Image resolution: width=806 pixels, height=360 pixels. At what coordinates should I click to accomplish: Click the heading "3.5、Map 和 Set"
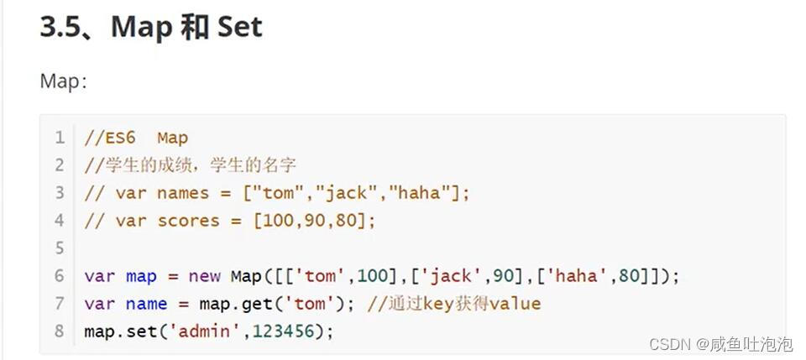coord(151,27)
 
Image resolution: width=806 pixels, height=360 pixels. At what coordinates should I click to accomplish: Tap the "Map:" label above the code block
coord(63,81)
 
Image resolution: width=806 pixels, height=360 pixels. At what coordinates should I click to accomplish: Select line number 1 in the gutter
coord(60,138)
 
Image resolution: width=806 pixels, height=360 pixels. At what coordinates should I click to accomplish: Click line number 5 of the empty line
coord(60,248)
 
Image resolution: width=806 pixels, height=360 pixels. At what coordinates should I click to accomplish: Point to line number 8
coord(60,331)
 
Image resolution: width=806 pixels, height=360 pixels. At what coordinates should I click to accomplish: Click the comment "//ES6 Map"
coord(136,138)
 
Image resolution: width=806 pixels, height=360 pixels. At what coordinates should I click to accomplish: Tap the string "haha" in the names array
coord(419,193)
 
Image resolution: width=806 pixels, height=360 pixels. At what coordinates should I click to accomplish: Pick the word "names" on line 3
coord(182,193)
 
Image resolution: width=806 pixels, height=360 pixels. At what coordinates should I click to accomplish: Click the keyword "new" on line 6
coord(204,275)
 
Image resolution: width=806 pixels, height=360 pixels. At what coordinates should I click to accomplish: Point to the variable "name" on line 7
coord(146,303)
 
